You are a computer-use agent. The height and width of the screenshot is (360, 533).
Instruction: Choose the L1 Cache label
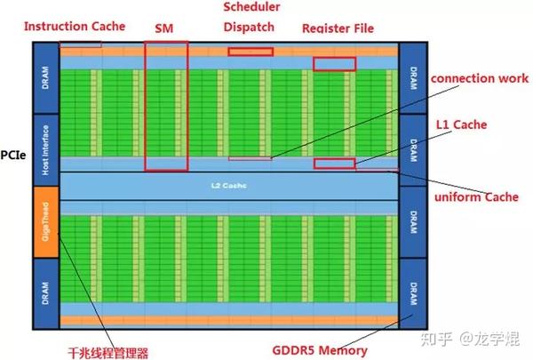point(461,125)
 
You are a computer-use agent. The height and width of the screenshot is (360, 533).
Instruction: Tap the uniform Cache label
point(476,196)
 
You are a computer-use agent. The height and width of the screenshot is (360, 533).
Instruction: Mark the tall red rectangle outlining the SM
point(166,106)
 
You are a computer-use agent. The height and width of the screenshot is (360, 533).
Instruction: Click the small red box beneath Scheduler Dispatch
point(251,52)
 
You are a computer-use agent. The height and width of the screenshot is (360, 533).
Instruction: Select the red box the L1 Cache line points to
point(335,163)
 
